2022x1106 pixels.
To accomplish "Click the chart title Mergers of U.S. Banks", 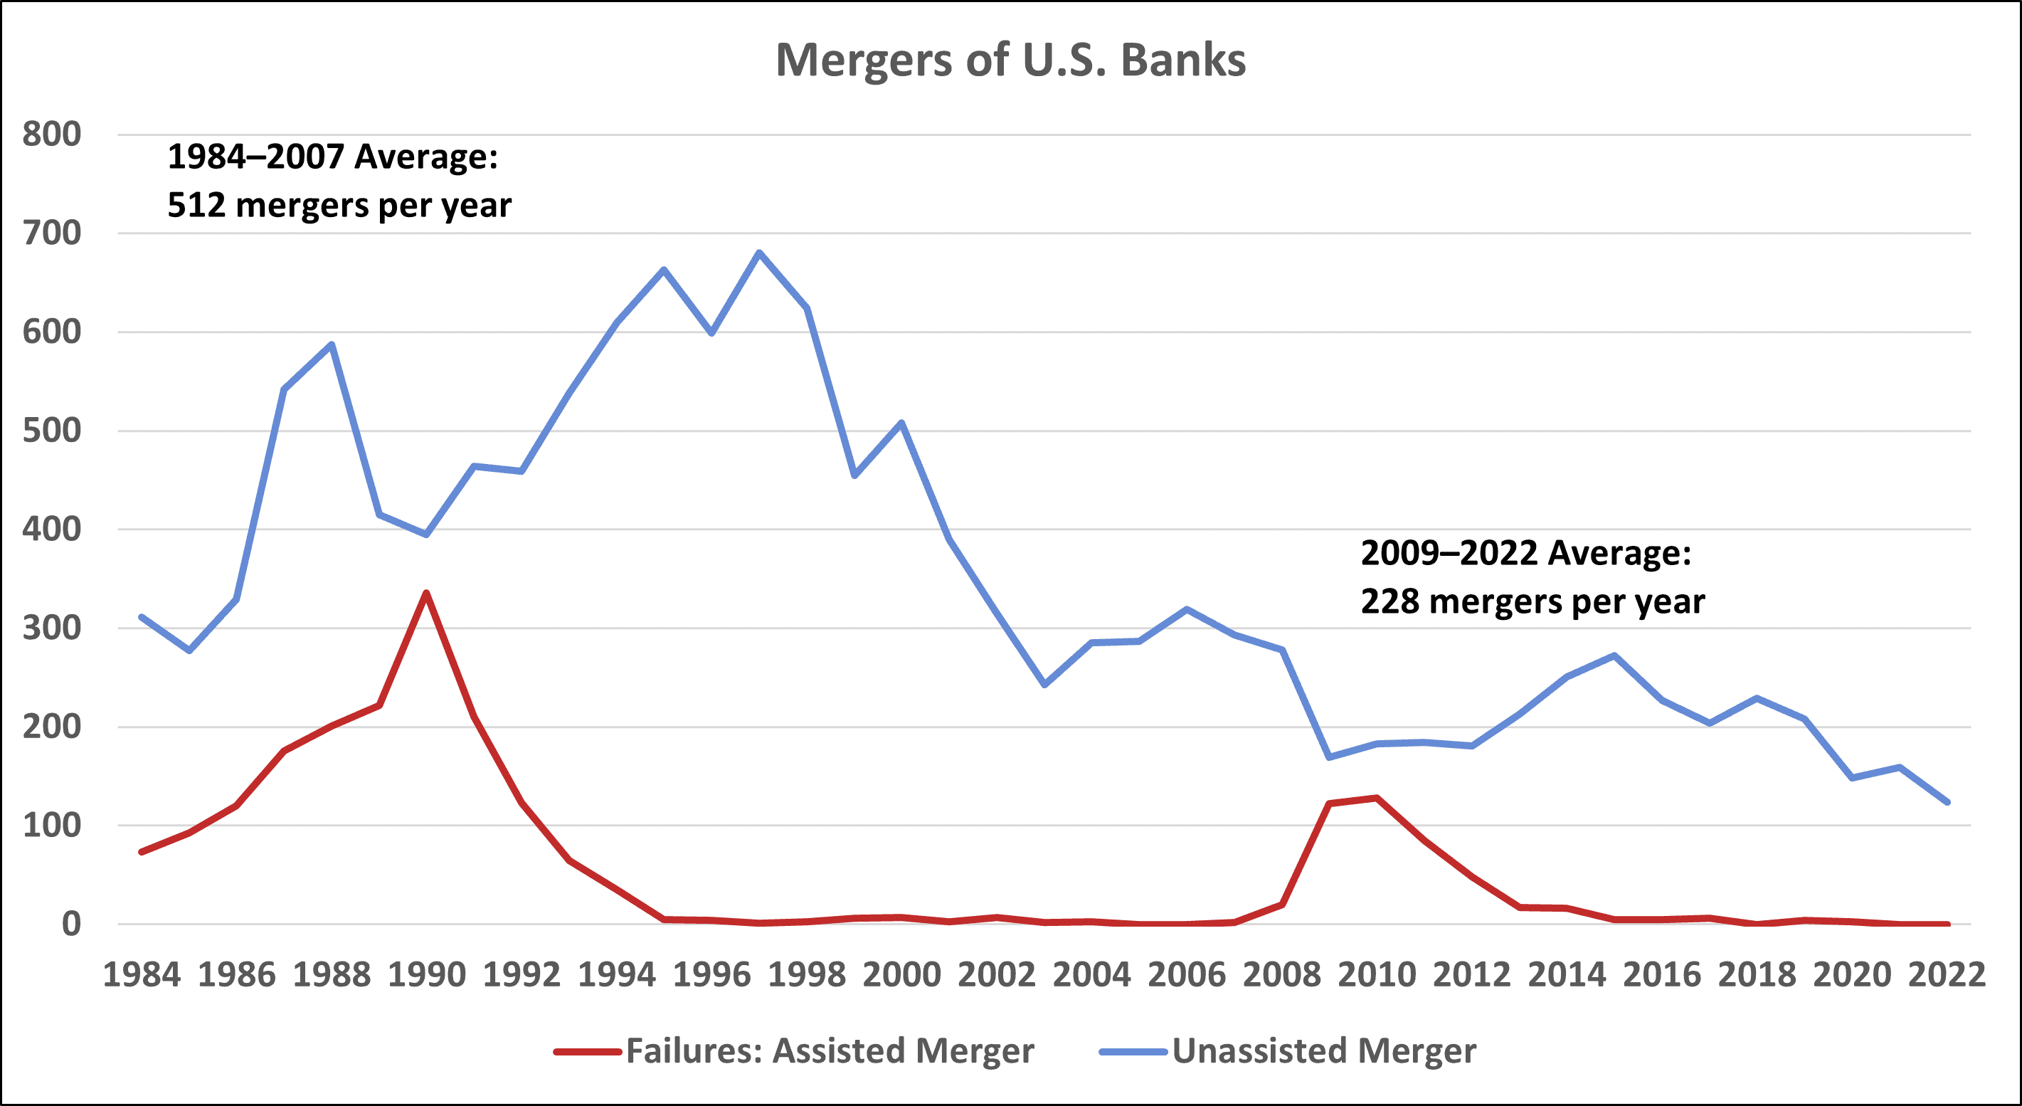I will pos(1010,60).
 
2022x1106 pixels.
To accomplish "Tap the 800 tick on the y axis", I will pos(52,135).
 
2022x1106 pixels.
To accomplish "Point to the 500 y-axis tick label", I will pos(52,431).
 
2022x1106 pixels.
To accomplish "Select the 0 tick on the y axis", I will pos(70,924).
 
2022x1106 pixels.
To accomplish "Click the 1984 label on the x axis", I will pos(142,975).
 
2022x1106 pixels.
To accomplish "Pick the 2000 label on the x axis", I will pos(901,975).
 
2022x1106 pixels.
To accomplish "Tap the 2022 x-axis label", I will pos(1947,975).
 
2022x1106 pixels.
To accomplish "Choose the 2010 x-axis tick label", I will pos(1376,975).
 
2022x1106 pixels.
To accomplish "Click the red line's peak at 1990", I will pos(426,593).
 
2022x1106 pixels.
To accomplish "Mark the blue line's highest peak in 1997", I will pos(759,252).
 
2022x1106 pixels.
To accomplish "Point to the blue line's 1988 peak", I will pos(332,344).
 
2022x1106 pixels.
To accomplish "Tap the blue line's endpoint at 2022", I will pos(1947,802).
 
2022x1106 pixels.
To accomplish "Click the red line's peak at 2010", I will pos(1377,798).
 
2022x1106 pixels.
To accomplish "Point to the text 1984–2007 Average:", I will pos(333,156).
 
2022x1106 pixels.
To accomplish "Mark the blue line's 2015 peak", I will pos(1614,655).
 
